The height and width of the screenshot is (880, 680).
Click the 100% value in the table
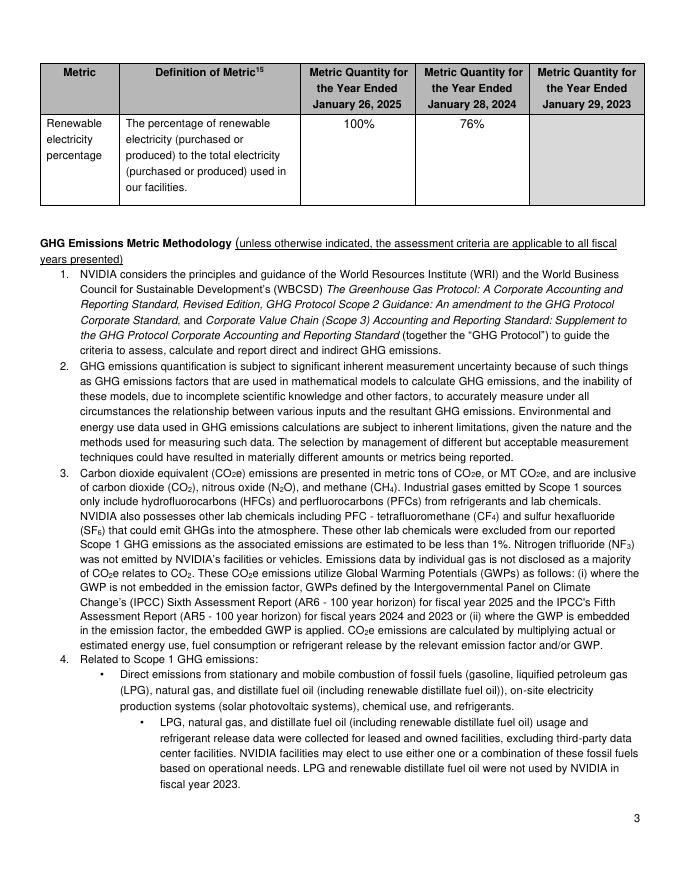(x=359, y=124)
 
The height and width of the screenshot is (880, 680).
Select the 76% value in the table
(x=473, y=124)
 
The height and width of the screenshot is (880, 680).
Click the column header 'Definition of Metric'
(x=209, y=73)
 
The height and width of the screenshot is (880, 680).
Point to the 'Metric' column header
(x=79, y=73)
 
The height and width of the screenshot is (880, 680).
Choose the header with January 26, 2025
(x=359, y=88)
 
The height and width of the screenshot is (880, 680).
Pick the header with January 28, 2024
(x=473, y=88)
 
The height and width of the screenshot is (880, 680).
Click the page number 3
(x=636, y=820)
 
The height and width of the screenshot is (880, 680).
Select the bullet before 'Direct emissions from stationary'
(x=103, y=675)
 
